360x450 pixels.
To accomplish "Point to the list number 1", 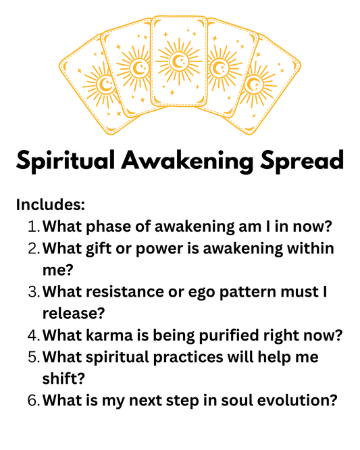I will coord(34,226).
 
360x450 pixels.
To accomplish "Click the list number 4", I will coord(34,335).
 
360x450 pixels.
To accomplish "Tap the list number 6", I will coord(34,400).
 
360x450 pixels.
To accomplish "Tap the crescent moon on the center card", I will coord(179,63).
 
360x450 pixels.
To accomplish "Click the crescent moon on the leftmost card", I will coord(106,84).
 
